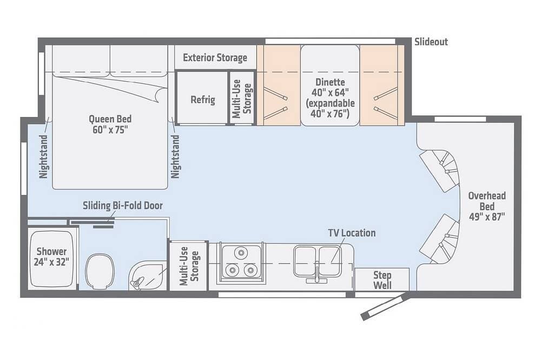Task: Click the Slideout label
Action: pyautogui.click(x=431, y=42)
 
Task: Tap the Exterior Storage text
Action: pyautogui.click(x=215, y=57)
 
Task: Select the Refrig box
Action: pyautogui.click(x=202, y=98)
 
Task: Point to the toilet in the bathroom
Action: pyautogui.click(x=99, y=271)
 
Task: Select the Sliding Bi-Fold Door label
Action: pyautogui.click(x=122, y=206)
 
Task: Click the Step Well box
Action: pyautogui.click(x=382, y=279)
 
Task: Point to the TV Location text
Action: pyautogui.click(x=352, y=233)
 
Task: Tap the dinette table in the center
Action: pyautogui.click(x=330, y=85)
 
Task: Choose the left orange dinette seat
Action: pyautogui.click(x=278, y=85)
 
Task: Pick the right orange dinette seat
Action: pyautogui.click(x=382, y=85)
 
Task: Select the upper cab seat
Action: pyautogui.click(x=439, y=170)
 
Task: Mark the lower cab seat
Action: pyautogui.click(x=439, y=239)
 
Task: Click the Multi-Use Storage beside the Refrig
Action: pyautogui.click(x=242, y=98)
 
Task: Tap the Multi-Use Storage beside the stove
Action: pyautogui.click(x=189, y=266)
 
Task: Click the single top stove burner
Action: pyautogui.click(x=241, y=253)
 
